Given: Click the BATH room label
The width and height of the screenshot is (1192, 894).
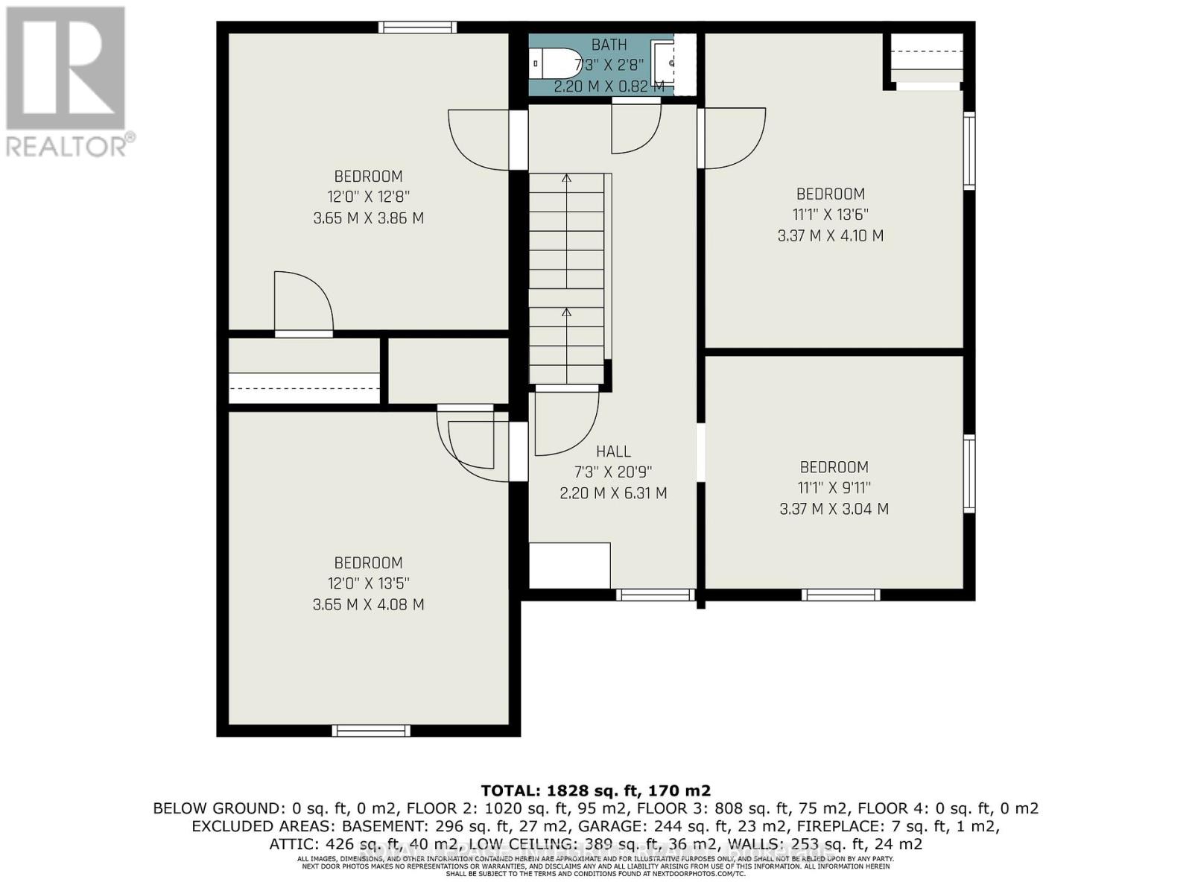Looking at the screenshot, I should point(609,45).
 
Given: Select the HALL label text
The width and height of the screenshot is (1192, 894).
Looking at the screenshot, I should point(613,451).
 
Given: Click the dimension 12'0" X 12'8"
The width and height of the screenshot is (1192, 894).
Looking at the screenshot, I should point(368,197).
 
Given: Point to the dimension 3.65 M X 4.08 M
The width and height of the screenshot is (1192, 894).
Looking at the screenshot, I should point(368,605).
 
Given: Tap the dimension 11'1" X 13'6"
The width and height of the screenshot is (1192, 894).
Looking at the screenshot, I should point(830,215).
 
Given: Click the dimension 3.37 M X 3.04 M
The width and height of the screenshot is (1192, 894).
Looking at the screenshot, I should point(834,510).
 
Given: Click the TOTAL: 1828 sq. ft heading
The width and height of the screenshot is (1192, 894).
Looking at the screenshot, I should point(595,790).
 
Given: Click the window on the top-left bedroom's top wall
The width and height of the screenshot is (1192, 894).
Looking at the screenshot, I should point(417,28).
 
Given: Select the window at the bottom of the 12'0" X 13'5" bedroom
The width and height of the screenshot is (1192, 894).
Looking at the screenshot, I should point(370,731).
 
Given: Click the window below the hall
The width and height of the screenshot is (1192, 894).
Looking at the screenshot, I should point(655,595).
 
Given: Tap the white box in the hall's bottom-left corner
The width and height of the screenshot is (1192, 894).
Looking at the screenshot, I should point(569,565).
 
